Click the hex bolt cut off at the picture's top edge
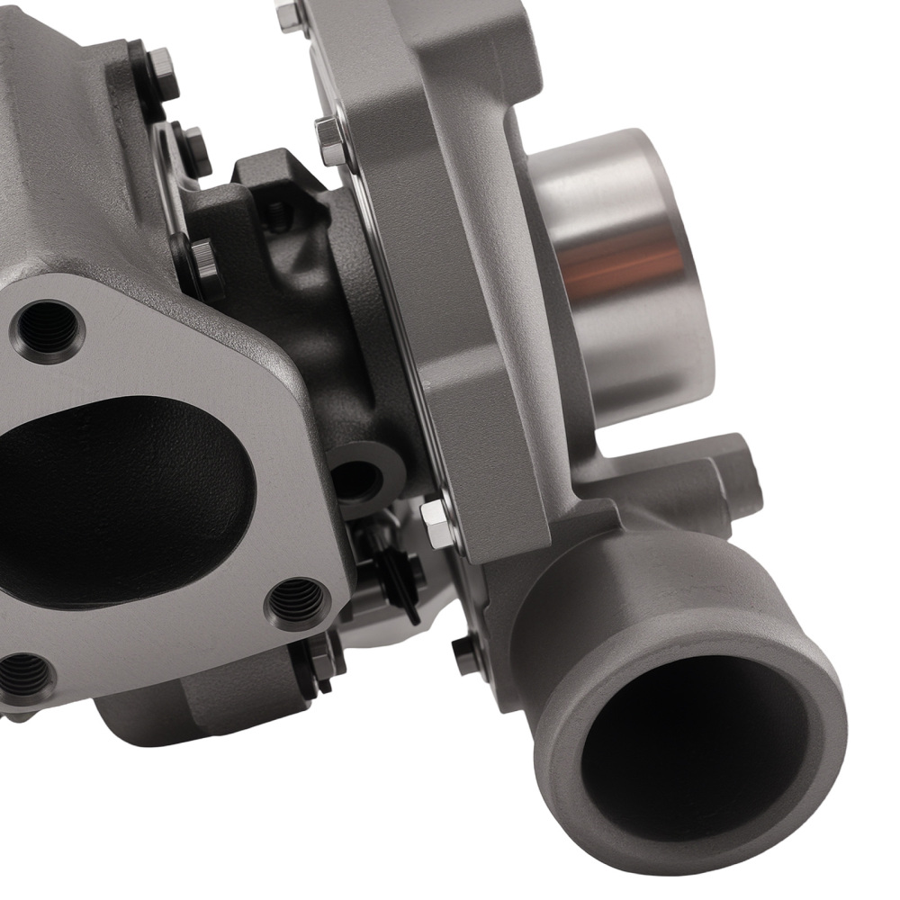pyautogui.click(x=289, y=14)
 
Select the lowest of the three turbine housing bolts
pyautogui.click(x=203, y=261)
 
